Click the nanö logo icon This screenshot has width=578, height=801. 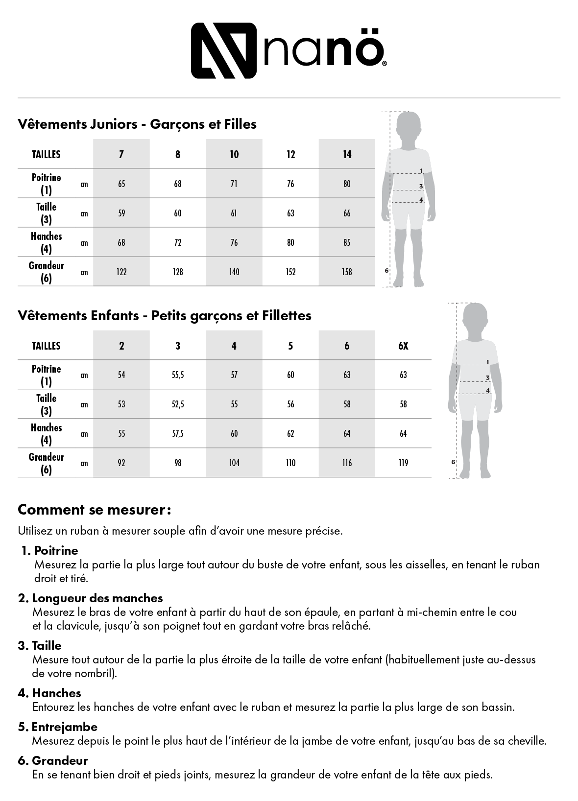pos(223,50)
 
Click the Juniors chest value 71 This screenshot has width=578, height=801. pos(234,184)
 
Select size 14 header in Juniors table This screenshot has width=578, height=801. pos(347,154)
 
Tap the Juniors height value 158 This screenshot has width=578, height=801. pos(347,272)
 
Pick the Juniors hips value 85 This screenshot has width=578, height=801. pos(347,242)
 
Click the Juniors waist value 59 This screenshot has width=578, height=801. pos(121,213)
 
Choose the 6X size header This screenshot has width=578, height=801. pos(403,346)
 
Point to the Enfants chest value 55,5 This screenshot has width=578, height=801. pos(178,375)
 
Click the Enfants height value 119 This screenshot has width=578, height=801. pos(403,463)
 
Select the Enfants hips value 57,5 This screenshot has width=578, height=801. pos(178,434)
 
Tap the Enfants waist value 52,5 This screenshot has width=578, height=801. pos(178,404)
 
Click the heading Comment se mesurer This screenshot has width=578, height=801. pos(94,510)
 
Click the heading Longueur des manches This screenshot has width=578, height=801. pos(97,598)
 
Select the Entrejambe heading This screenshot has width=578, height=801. pos(64,727)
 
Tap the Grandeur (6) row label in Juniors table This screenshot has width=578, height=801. pos(47,272)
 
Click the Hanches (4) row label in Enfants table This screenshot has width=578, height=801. pos(47,434)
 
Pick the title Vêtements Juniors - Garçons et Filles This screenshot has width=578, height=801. pos(137,124)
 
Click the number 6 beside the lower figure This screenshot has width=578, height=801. pos(453,462)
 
